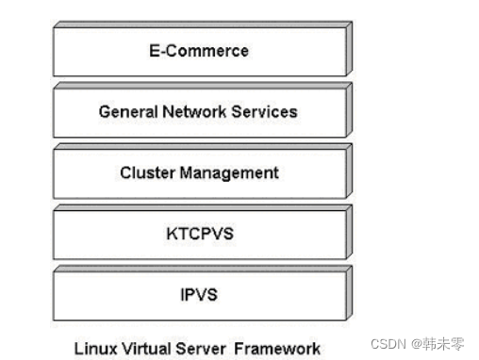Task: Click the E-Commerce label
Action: [x=199, y=51]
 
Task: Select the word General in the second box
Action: [x=129, y=112]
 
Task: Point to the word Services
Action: [x=266, y=112]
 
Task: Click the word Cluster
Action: [x=146, y=173]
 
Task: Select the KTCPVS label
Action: [x=199, y=234]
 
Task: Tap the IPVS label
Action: [x=199, y=294]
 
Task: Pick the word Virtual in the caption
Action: [x=141, y=348]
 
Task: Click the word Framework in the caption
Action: [x=273, y=348]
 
